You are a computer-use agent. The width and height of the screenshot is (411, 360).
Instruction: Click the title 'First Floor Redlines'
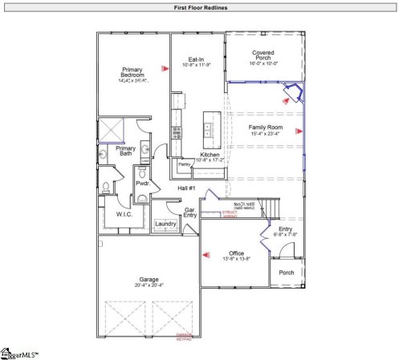[x=201, y=7]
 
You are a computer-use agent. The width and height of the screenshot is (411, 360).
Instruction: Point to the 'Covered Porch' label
[x=262, y=56]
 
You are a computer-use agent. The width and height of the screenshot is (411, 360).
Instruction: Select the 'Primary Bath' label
[x=126, y=151]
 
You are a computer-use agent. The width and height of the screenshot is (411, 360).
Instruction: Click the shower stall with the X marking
[x=110, y=129]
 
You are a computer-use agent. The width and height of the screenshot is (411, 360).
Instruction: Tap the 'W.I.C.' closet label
[x=124, y=214]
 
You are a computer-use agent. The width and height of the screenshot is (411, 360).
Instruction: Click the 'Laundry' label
[x=165, y=224]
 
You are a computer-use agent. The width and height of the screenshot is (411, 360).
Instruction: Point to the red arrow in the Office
[x=205, y=256]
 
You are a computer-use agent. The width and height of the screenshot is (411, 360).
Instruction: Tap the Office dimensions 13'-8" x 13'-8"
[x=236, y=258]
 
